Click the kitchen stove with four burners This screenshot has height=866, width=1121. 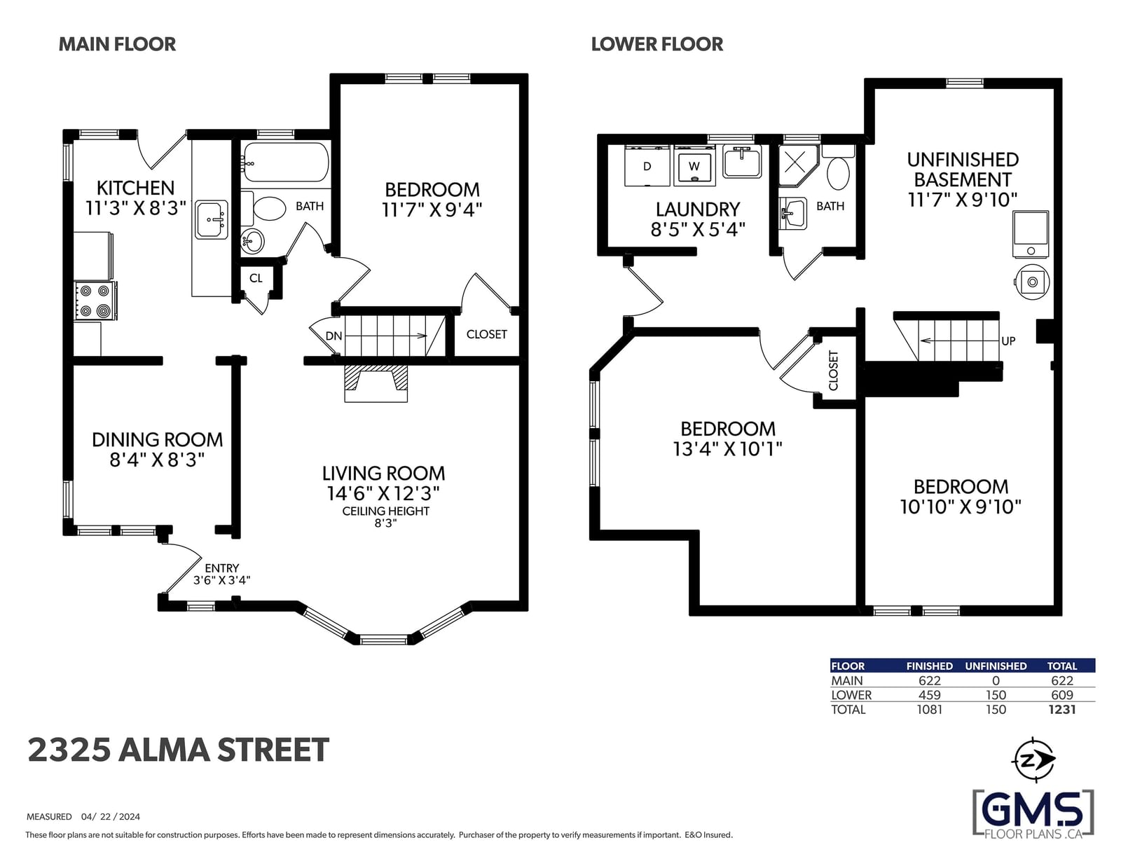click(x=95, y=301)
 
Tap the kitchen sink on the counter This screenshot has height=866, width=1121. click(x=212, y=220)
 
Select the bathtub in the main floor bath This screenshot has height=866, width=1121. click(x=286, y=162)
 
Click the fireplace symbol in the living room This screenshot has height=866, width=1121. click(x=376, y=383)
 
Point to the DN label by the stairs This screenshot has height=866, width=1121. click(x=333, y=336)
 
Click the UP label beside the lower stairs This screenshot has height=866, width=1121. click(x=1008, y=341)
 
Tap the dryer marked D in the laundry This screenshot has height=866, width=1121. click(x=647, y=165)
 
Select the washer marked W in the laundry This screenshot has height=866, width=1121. click(x=694, y=165)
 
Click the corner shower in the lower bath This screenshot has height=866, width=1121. click(x=797, y=165)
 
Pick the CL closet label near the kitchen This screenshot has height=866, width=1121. click(x=256, y=279)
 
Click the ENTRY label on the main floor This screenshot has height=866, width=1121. click(x=222, y=568)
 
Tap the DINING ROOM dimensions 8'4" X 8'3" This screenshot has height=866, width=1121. click(x=157, y=460)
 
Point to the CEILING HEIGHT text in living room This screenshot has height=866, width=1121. click(x=386, y=511)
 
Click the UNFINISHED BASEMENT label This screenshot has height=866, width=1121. click(x=963, y=170)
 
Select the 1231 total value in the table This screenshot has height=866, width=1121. click(x=1062, y=709)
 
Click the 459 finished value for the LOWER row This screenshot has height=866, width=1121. click(x=930, y=695)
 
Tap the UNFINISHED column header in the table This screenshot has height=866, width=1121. click(x=996, y=666)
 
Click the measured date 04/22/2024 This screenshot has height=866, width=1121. click(x=111, y=816)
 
